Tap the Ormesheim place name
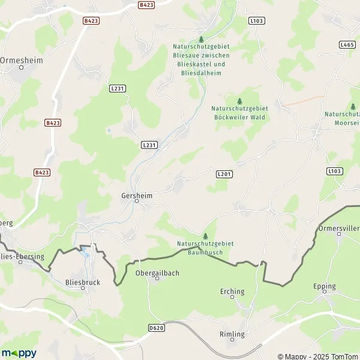pyautogui.click(x=21, y=60)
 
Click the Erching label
pyautogui.click(x=232, y=292)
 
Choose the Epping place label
pyautogui.click(x=325, y=286)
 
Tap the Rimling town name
pyautogui.click(x=232, y=334)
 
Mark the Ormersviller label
pyautogui.click(x=340, y=227)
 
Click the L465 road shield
pyautogui.click(x=347, y=44)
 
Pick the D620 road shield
pyautogui.click(x=155, y=328)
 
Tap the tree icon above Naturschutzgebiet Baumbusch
pyautogui.click(x=205, y=236)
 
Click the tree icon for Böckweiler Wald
pyautogui.click(x=240, y=101)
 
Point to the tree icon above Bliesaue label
pyautogui.click(x=201, y=39)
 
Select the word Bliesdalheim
pyautogui.click(x=201, y=73)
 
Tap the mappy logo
pyautogui.click(x=19, y=353)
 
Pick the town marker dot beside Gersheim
pyautogui.click(x=137, y=202)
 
